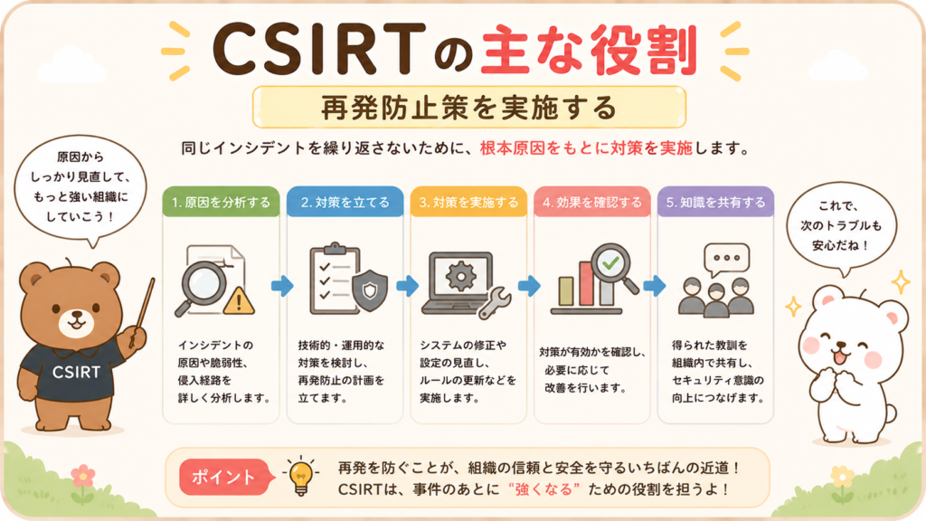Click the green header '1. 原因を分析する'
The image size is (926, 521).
(x=221, y=202)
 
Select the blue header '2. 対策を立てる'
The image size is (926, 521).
(x=345, y=202)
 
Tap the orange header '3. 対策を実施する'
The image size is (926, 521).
(x=468, y=202)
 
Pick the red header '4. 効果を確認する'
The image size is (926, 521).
(x=591, y=202)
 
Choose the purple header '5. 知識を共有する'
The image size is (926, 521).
(x=715, y=202)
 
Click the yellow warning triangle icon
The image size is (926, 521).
(x=239, y=300)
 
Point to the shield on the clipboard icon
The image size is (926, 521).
(x=370, y=290)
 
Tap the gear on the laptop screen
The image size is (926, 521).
(x=461, y=276)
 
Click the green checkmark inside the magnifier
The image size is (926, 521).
(x=611, y=262)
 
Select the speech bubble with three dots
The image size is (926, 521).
(x=726, y=260)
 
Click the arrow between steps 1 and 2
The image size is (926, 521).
(x=282, y=286)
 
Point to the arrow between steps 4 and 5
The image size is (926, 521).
(x=654, y=286)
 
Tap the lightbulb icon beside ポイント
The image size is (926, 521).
(x=301, y=476)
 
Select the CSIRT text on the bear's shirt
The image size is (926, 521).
(x=76, y=372)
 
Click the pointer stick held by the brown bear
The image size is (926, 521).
(x=142, y=312)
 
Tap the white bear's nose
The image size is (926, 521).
(x=842, y=346)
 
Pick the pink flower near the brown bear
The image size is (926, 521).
(x=83, y=476)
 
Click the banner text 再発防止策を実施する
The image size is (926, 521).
(x=469, y=108)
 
